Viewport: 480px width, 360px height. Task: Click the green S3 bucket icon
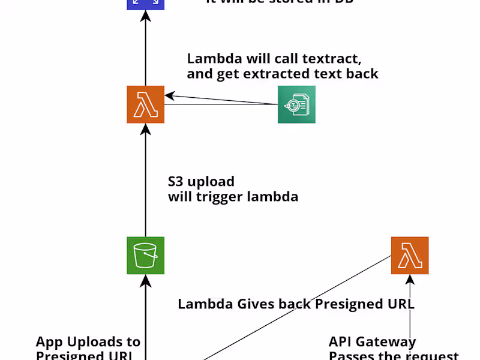point(145,256)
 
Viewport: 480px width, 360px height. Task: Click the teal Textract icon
point(296,104)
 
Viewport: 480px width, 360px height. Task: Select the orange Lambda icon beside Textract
point(145,104)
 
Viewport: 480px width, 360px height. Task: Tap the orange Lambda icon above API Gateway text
point(410,256)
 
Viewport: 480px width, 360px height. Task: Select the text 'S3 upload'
point(201,181)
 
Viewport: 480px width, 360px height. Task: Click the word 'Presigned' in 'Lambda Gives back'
point(348,304)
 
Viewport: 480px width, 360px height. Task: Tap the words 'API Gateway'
point(372,342)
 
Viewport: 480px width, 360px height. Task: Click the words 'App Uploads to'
point(88,342)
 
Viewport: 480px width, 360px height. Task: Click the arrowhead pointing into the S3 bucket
point(145,279)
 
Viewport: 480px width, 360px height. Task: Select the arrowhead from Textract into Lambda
point(170,95)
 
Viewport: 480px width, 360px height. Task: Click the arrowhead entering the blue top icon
point(145,16)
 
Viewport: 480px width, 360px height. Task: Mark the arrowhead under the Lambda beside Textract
point(145,128)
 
